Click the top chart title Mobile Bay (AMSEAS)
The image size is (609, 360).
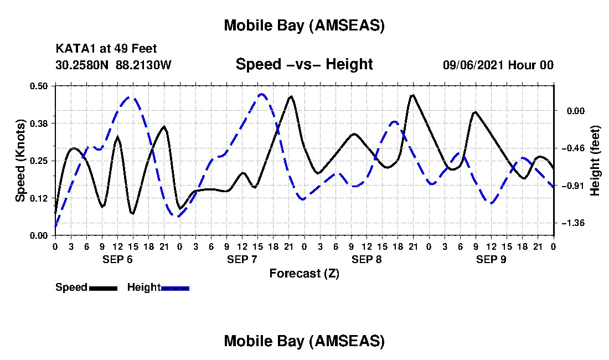[304, 25]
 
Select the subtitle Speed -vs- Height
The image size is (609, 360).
[304, 64]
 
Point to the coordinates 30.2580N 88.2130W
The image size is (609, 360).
[113, 65]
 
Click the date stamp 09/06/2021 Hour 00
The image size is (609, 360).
[498, 65]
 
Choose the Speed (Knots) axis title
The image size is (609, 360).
[20, 160]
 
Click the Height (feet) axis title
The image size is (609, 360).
[596, 161]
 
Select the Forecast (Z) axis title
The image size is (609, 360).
[304, 273]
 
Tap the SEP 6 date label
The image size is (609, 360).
[117, 259]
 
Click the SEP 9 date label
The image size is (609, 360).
[491, 259]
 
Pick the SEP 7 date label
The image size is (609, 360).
[242, 259]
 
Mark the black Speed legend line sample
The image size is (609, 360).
[103, 288]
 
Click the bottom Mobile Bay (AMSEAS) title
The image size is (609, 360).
[304, 341]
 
